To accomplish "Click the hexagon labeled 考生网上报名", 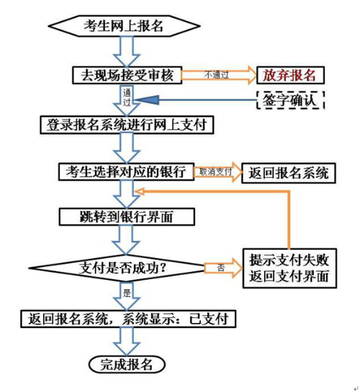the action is pyautogui.click(x=124, y=26).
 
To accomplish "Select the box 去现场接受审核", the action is pyautogui.click(x=127, y=75).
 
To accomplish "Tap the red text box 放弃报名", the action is pyautogui.click(x=290, y=75).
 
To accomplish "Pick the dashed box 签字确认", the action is pyautogui.click(x=290, y=100).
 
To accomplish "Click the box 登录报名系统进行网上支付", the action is pyautogui.click(x=127, y=124).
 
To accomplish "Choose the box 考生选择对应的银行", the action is pyautogui.click(x=126, y=172).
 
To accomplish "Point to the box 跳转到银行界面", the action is pyautogui.click(x=127, y=216).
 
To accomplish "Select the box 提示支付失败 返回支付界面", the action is pyautogui.click(x=289, y=268).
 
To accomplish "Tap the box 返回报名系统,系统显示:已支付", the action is pyautogui.click(x=128, y=319).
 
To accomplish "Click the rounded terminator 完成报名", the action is pyautogui.click(x=127, y=365).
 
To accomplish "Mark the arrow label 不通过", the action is pyautogui.click(x=217, y=75).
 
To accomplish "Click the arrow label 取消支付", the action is pyautogui.click(x=215, y=172).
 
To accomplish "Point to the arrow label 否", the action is pyautogui.click(x=221, y=268).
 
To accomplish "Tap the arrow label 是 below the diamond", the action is pyautogui.click(x=127, y=293).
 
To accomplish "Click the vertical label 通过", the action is pyautogui.click(x=127, y=98).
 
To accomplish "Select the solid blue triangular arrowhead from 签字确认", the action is pyautogui.click(x=148, y=100).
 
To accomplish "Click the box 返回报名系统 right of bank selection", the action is pyautogui.click(x=289, y=173).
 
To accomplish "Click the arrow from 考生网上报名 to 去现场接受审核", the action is pyautogui.click(x=127, y=51).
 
